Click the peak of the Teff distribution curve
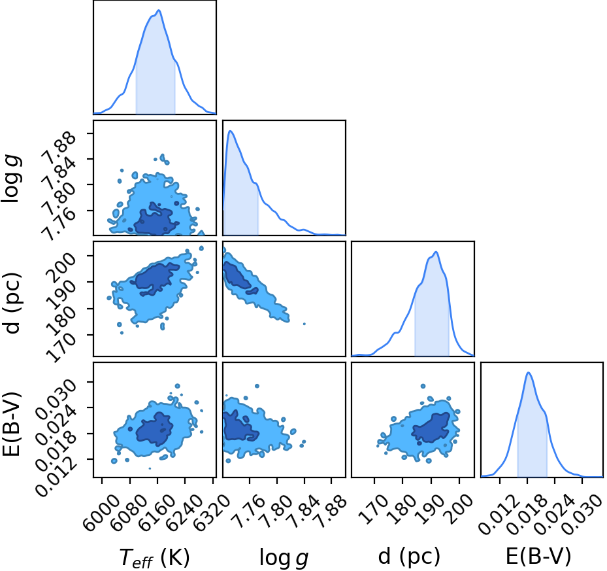pos(159,10)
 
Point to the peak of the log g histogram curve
pos(230,131)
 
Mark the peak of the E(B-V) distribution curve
pos(529,373)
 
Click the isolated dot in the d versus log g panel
pos(304,324)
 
